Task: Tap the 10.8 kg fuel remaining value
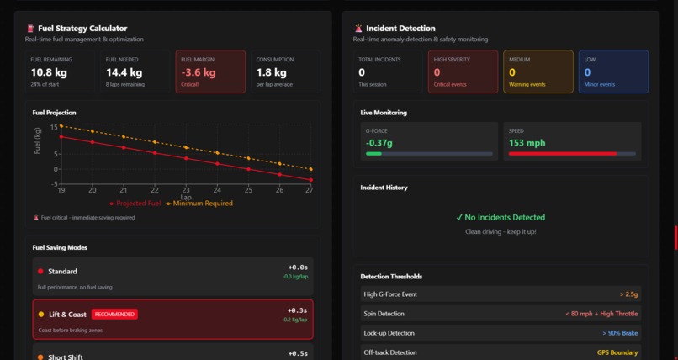pos(49,72)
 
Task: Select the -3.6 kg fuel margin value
pos(199,72)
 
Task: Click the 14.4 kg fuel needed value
pos(124,72)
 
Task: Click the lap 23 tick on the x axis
pos(186,190)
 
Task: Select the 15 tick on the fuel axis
pos(54,127)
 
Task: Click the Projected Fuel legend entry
pos(135,204)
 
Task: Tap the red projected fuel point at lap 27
pos(310,180)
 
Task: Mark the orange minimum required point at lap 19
pos(61,125)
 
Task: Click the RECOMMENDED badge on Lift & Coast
pos(114,315)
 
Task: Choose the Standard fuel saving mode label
pos(62,271)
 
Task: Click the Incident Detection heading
pos(400,28)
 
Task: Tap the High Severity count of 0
pos(437,72)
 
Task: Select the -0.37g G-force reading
pos(379,142)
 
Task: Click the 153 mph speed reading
pos(527,142)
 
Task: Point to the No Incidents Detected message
pos(501,217)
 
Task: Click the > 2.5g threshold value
pos(628,294)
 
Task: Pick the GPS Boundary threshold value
pos(617,352)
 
